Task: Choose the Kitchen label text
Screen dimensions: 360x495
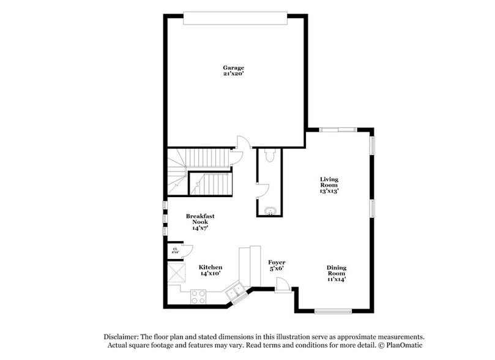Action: [210, 267]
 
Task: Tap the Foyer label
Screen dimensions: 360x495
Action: [277, 262]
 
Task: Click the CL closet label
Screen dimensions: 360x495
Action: [175, 249]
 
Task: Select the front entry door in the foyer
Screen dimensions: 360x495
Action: [282, 284]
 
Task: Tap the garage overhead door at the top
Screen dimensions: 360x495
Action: [234, 19]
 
